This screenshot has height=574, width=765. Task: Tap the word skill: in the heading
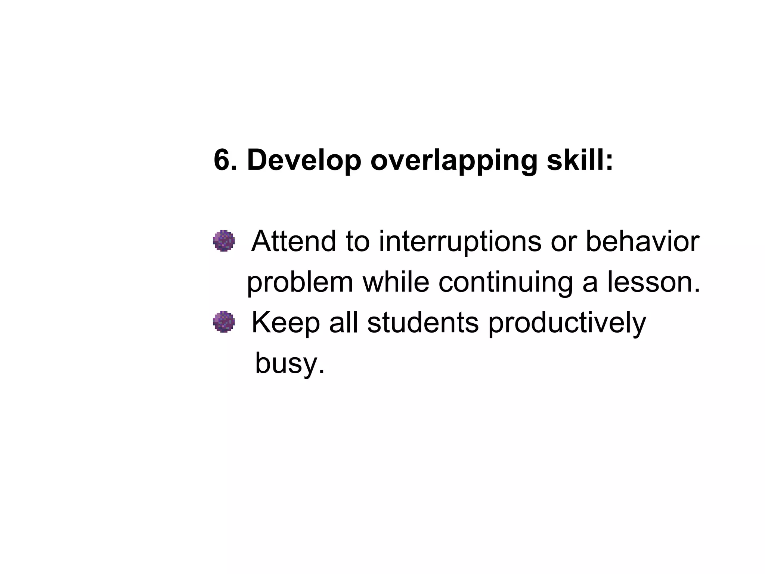point(580,160)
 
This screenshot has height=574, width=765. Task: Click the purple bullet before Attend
point(224,241)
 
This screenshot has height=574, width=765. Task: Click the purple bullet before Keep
point(224,322)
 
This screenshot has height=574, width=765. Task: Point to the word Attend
point(294,241)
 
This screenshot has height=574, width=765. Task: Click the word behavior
point(642,241)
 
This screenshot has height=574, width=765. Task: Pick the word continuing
point(505,283)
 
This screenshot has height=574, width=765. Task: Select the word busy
point(289,364)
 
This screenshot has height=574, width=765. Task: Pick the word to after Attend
point(357,241)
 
